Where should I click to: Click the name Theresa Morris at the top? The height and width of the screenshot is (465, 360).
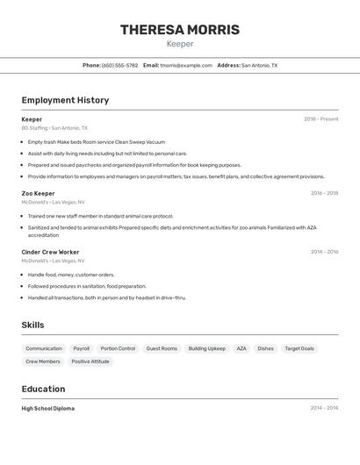180,30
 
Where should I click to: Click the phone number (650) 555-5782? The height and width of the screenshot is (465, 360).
119,65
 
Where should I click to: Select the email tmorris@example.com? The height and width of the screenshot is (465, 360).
186,65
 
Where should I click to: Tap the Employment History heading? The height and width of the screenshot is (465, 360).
65,100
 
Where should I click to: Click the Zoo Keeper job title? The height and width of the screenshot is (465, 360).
38,193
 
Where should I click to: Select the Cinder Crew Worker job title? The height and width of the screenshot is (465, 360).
50,252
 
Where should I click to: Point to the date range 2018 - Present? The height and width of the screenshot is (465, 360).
320,119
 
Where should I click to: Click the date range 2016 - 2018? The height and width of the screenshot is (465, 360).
324,193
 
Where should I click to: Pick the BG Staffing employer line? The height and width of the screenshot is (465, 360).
54,127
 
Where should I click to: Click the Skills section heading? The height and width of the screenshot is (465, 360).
32,325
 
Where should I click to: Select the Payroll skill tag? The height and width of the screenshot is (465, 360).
81,348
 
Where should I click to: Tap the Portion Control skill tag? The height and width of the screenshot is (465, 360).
118,348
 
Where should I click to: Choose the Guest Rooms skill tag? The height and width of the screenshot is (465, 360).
162,348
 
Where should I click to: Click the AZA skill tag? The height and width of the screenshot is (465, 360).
241,348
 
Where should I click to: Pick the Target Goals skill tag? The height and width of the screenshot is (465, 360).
299,348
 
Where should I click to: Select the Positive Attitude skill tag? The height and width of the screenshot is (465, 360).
90,361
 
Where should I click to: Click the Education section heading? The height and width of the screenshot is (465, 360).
43,389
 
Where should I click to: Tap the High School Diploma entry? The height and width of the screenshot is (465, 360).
48,408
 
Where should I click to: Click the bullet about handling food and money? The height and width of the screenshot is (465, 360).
71,275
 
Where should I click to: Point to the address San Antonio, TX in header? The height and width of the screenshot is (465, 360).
259,65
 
